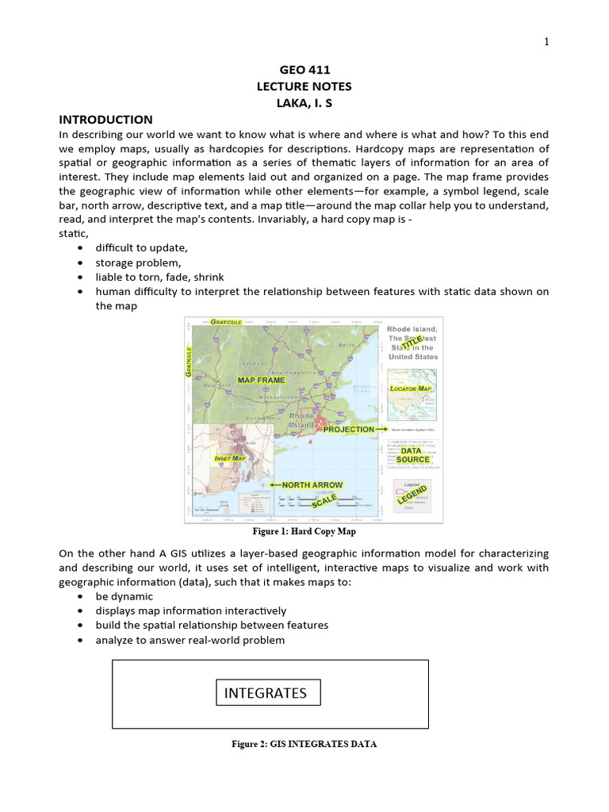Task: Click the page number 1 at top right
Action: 546,42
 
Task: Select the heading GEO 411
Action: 304,70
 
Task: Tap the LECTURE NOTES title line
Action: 304,86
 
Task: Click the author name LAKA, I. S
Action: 304,103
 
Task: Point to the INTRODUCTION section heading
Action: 106,120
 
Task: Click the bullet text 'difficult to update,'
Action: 142,248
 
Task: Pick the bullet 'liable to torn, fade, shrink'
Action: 159,277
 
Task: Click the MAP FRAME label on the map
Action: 261,380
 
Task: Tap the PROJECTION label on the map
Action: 349,429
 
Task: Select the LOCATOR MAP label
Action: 412,389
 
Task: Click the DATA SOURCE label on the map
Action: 413,454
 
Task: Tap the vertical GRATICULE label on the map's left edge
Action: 190,362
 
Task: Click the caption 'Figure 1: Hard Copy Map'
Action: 304,531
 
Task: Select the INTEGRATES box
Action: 266,692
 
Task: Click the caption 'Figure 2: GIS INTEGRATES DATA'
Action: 304,744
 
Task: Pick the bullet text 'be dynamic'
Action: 124,596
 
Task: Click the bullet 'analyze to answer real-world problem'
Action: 190,640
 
